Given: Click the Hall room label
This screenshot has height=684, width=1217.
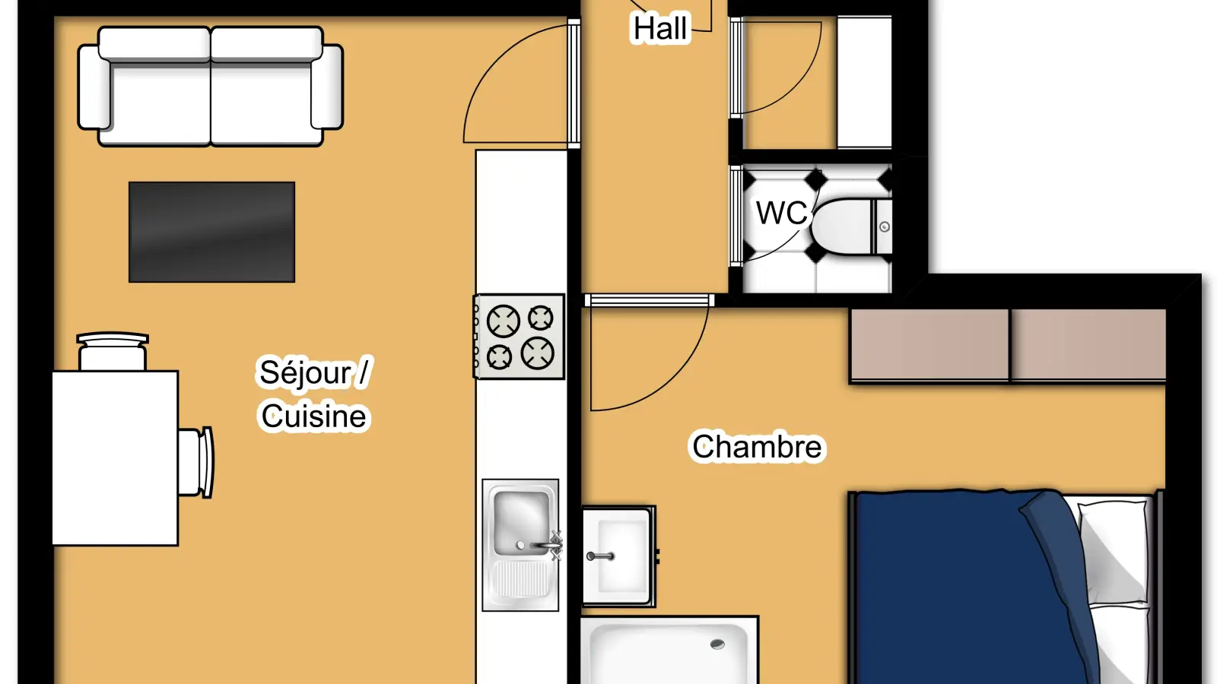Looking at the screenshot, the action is [x=661, y=28].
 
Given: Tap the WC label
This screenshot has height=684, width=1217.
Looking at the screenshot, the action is [x=781, y=213].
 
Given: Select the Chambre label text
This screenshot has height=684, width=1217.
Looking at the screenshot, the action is [x=757, y=447].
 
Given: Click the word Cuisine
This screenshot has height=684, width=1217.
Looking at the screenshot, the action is [x=313, y=416].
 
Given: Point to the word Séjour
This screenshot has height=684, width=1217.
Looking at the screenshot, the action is [x=306, y=373].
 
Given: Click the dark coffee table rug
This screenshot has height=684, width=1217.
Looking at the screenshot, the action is [x=212, y=233].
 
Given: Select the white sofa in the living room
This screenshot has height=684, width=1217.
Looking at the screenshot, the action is [x=210, y=87].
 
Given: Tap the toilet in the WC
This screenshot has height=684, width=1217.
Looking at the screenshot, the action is [x=851, y=227].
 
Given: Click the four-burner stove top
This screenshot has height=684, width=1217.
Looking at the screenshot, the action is [x=519, y=337].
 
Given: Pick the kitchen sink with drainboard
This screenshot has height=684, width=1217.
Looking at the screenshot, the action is [x=520, y=545].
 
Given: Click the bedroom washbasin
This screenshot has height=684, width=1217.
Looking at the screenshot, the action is [x=618, y=556].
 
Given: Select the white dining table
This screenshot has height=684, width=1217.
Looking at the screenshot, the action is [x=115, y=458].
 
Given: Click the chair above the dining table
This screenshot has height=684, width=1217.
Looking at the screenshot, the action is [x=113, y=351].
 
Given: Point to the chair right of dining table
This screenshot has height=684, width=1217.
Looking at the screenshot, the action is [x=195, y=463].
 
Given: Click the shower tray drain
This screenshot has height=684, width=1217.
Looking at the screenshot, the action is [x=717, y=644].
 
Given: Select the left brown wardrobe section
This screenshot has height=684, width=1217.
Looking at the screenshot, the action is [x=929, y=345].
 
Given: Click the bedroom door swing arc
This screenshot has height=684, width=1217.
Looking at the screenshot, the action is [x=674, y=380].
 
